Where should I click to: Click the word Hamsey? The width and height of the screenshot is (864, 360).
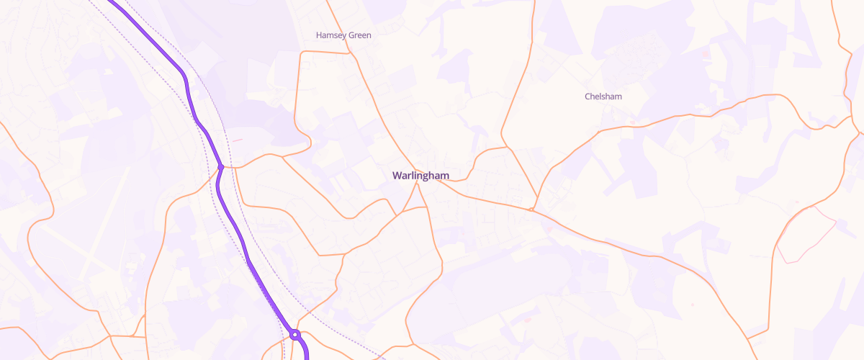tap(331, 35)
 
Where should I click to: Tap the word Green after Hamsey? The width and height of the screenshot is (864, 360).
tap(359, 35)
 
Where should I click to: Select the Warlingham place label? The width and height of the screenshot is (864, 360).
tap(420, 176)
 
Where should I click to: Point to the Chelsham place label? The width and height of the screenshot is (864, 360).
tap(603, 96)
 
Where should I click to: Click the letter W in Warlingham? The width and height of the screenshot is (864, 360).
tap(397, 176)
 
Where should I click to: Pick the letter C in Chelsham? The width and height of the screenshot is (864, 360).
tap(588, 96)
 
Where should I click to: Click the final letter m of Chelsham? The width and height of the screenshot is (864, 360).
tap(618, 96)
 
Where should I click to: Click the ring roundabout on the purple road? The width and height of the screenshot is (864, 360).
tap(294, 334)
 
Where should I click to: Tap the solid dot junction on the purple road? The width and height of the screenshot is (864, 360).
tap(221, 167)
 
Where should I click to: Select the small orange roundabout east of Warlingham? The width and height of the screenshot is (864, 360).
tap(531, 210)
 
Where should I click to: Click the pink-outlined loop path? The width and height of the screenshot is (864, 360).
tap(806, 234)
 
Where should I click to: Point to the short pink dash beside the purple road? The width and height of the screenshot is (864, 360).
tap(235, 140)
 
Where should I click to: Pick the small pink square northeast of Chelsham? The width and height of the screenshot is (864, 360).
tap(706, 54)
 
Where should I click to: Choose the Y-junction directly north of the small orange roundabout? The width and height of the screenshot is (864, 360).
tap(508, 148)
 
